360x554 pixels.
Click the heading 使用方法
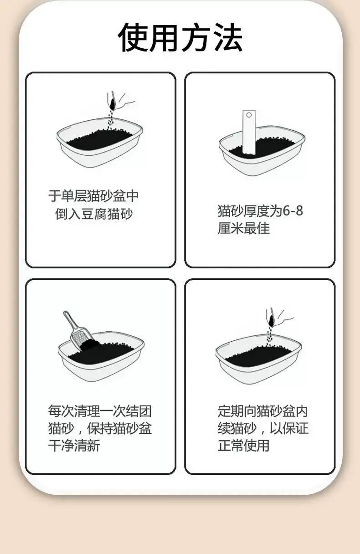[x=180, y=37]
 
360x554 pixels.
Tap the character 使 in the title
[x=133, y=37]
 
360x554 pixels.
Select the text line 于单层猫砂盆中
[x=93, y=196]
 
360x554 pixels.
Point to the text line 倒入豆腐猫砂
[x=94, y=214]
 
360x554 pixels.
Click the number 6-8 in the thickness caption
[x=293, y=211]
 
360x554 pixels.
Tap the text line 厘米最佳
[x=244, y=228]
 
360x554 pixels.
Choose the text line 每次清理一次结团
[x=100, y=411]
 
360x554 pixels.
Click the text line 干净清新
[x=74, y=446]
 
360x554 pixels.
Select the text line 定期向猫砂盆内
[x=263, y=411]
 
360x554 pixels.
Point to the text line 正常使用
[x=244, y=446]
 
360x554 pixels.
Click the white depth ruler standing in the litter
[x=249, y=132]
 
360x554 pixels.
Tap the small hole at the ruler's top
[x=249, y=115]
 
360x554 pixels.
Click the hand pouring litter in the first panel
[x=120, y=102]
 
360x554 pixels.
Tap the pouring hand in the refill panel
[x=279, y=318]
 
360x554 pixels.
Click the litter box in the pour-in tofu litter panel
[x=100, y=143]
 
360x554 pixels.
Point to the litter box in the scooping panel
[x=101, y=356]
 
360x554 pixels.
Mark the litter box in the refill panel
[x=258, y=359]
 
